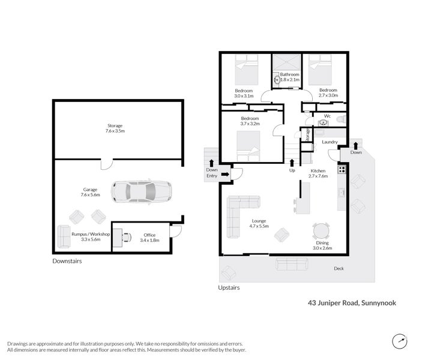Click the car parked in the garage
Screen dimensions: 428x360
point(142,191)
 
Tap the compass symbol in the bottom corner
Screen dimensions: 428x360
point(400,341)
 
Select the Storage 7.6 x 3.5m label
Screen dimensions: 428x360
point(115,128)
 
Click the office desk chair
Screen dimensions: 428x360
point(127,237)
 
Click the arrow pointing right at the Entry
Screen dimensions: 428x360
point(225,174)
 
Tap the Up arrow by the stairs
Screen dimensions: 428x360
point(292,163)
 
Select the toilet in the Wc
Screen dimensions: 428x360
point(342,119)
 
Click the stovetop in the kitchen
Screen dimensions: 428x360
point(342,169)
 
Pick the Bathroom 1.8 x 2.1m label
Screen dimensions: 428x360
point(289,77)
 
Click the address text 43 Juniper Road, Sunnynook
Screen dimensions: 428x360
point(352,303)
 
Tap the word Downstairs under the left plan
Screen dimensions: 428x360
point(67,261)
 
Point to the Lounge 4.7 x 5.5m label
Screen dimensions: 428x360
point(259,224)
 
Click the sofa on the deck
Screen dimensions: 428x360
point(292,264)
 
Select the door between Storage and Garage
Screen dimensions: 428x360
point(107,164)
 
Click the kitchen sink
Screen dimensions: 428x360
point(342,193)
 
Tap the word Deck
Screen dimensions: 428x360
point(339,269)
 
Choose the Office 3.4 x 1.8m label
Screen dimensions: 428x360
point(149,238)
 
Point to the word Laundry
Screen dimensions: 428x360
point(330,142)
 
